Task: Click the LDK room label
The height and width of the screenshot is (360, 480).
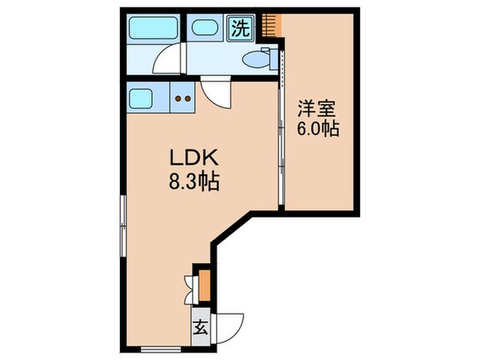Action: pyautogui.click(x=186, y=158)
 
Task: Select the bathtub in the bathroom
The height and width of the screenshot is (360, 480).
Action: pyautogui.click(x=155, y=28)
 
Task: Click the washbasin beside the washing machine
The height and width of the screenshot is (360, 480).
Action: pyautogui.click(x=205, y=28)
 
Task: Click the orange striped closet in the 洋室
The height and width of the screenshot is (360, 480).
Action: pyautogui.click(x=275, y=24)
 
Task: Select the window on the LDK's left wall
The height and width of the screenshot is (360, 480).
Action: pyautogui.click(x=122, y=223)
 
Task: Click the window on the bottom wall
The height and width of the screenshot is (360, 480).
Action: pyautogui.click(x=153, y=348)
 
